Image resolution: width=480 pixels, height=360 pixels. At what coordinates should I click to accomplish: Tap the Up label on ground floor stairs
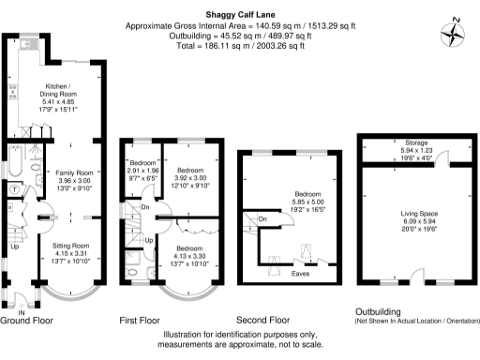tap(13, 248)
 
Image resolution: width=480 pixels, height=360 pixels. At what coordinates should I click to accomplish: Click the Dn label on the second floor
tap(263, 220)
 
